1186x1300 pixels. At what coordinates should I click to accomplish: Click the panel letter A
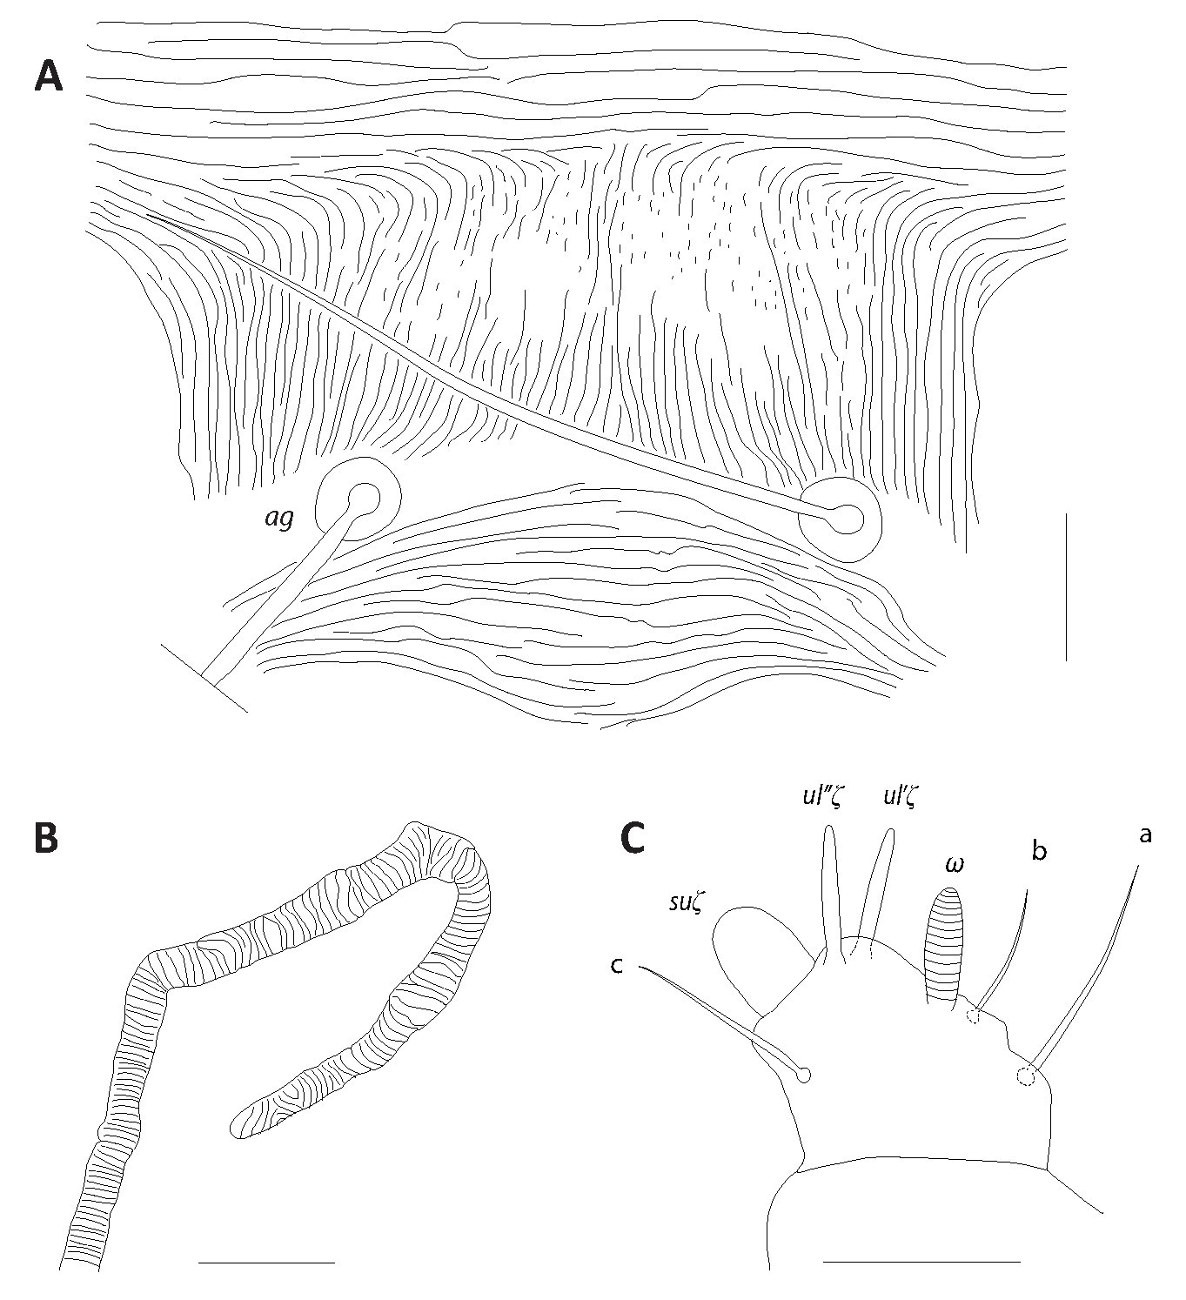49,77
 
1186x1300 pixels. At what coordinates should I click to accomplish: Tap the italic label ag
279,519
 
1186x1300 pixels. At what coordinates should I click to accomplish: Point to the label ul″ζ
821,796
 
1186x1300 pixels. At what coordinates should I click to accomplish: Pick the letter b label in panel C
1039,851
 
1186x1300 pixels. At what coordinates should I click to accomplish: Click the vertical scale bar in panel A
1066,587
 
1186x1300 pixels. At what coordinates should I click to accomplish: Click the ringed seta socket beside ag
358,499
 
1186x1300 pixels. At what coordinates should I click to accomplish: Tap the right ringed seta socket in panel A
841,519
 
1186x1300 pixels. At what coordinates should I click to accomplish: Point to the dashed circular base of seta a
1025,1076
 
